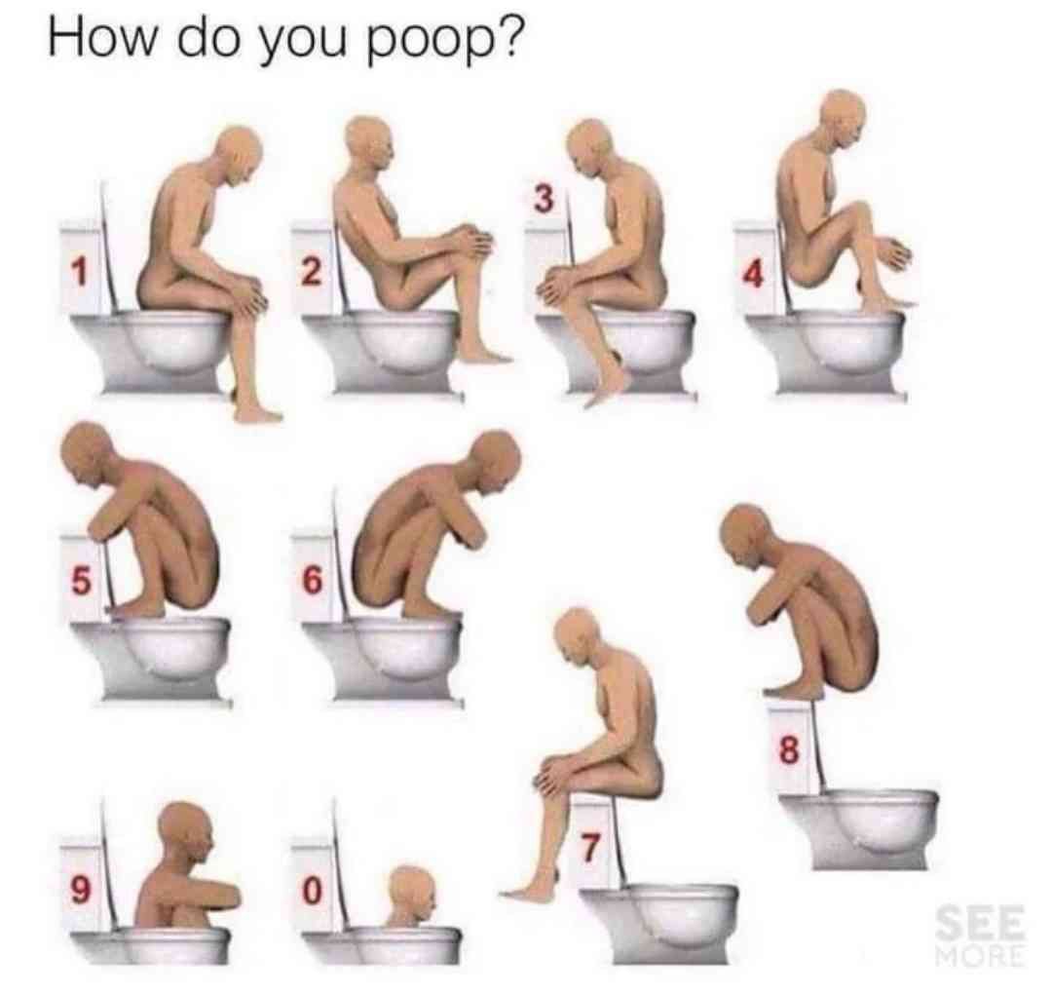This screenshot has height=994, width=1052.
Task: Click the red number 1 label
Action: click(x=80, y=273)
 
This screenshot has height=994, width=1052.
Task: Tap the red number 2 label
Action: click(x=311, y=273)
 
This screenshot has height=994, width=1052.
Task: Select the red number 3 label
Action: click(x=545, y=200)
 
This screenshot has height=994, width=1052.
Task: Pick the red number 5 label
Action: click(x=80, y=581)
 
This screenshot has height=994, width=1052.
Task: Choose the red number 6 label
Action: click(x=312, y=580)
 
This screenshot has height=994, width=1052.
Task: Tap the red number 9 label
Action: click(x=80, y=890)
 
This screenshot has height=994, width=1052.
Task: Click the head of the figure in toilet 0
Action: click(x=412, y=893)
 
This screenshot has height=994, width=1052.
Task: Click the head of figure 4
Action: click(x=842, y=119)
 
